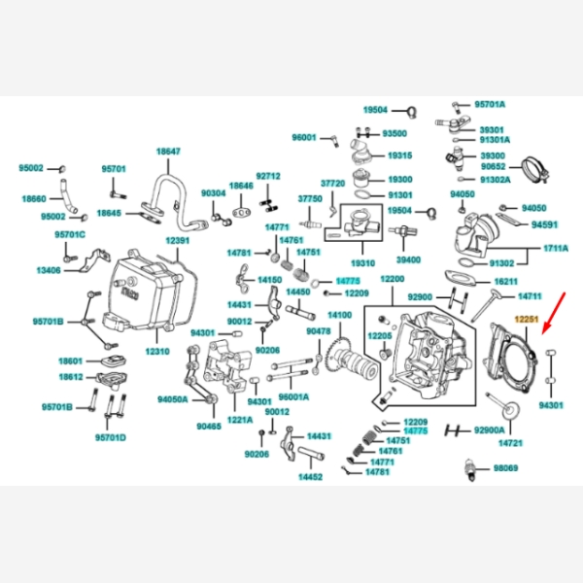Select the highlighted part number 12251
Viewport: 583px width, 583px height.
[527, 319]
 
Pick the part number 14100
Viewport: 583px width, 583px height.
[340, 315]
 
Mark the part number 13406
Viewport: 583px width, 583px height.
[49, 270]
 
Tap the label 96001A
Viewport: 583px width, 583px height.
[293, 396]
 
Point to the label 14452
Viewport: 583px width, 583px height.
[310, 476]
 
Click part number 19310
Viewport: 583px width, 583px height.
[363, 262]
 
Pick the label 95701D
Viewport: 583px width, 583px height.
[110, 437]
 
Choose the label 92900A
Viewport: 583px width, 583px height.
[489, 429]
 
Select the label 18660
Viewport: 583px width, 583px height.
[34, 197]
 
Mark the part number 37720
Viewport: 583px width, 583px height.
[333, 183]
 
